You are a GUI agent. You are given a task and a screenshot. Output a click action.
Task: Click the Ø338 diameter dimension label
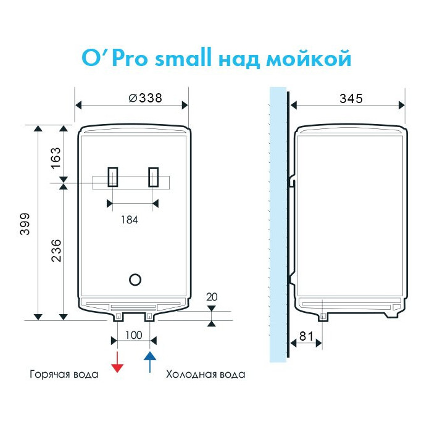[x=145, y=98]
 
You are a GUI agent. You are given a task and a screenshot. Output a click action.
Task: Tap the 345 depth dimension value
[x=351, y=99]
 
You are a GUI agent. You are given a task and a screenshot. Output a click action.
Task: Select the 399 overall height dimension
[x=25, y=223]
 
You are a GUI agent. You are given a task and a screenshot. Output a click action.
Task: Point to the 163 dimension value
[x=56, y=158]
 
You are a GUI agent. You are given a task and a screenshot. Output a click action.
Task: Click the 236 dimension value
[x=56, y=251]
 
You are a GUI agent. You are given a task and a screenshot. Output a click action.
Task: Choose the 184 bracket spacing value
[x=130, y=220]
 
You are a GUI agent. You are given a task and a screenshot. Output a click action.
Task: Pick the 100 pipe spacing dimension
[x=134, y=335]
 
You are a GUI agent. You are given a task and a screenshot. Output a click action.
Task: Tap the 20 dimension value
[x=212, y=297]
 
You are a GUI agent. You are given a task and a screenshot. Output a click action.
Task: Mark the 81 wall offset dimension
[x=306, y=336]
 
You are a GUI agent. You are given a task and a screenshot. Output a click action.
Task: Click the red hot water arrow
[x=117, y=362]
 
